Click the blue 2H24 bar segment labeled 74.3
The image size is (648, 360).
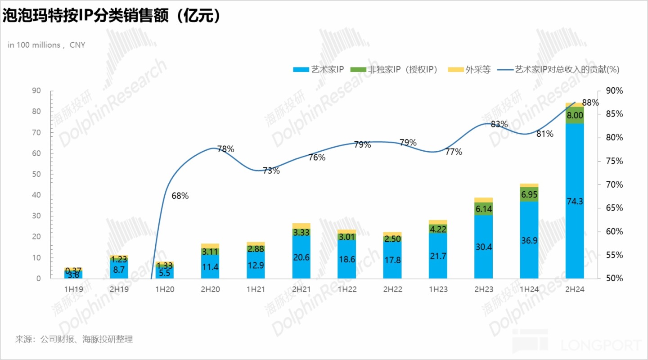pos(575,201)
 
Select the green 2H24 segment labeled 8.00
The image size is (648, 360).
pos(575,115)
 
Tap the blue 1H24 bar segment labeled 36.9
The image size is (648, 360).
pos(529,240)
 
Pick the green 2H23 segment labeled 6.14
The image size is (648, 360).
pos(483,209)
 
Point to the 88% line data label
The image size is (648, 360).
pos(590,103)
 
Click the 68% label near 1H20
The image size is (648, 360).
pos(180,196)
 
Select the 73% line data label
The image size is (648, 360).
pos(271,171)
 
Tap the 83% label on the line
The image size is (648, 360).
pos(499,124)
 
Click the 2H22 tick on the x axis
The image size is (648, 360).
pos(392,289)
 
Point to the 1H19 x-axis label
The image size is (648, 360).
pos(74,289)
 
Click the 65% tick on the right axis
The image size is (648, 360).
pos(614,208)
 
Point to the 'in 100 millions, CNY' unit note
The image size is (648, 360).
pos(46,45)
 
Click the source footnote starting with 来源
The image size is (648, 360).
pos(74,339)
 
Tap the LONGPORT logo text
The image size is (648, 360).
pos(601,346)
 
